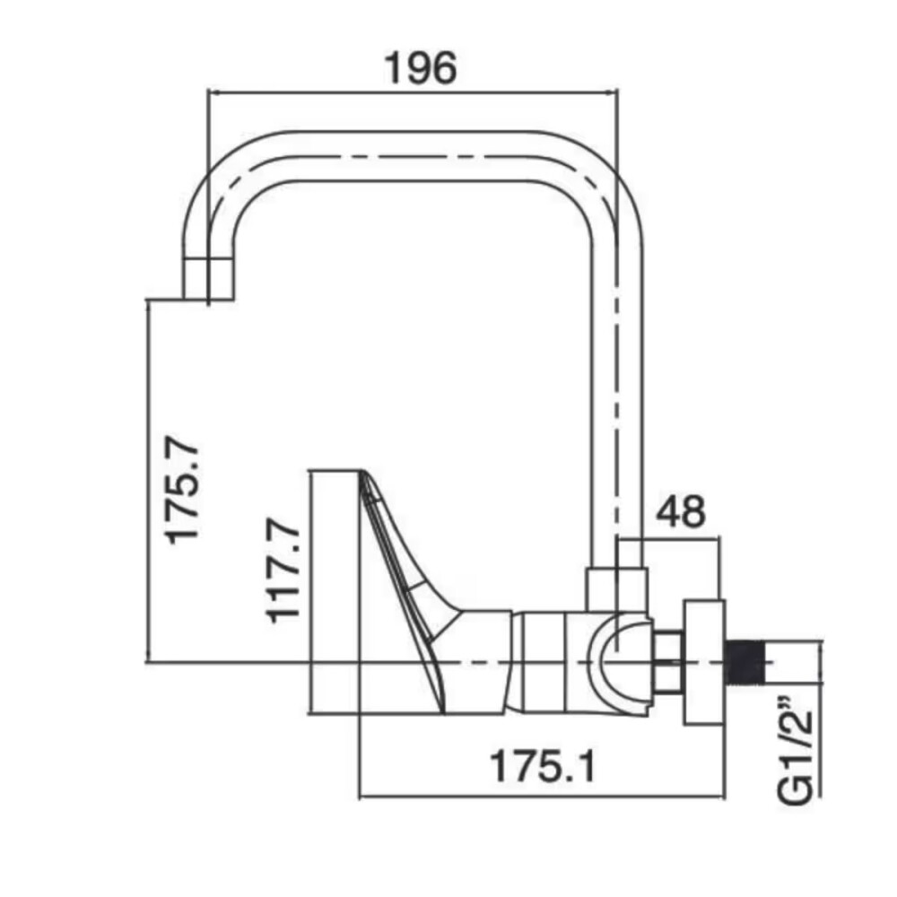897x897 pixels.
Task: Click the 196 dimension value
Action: (422, 68)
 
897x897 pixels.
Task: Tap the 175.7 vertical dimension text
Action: (182, 491)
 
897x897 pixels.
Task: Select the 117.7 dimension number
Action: (283, 570)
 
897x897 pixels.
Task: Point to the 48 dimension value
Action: (680, 511)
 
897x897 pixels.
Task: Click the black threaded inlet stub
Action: (745, 662)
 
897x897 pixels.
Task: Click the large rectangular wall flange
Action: (705, 663)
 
